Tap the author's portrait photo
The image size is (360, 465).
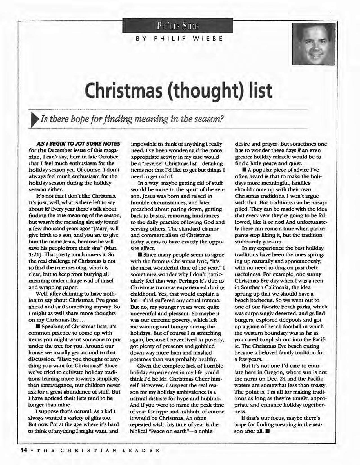point(314,44)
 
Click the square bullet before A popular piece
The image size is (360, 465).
point(243,170)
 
